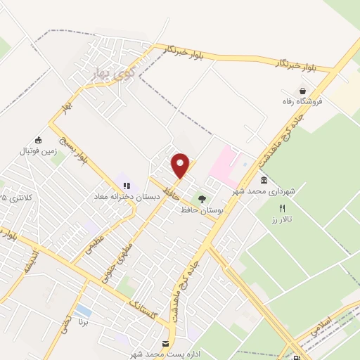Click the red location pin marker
[x=181, y=165]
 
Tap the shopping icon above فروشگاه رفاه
[x=302, y=91]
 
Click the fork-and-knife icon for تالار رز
[x=282, y=208]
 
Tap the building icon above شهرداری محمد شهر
[x=264, y=181]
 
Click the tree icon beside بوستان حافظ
[x=202, y=200]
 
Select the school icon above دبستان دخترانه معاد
[x=127, y=186]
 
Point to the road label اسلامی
[x=329, y=317]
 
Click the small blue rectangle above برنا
[x=82, y=310]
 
